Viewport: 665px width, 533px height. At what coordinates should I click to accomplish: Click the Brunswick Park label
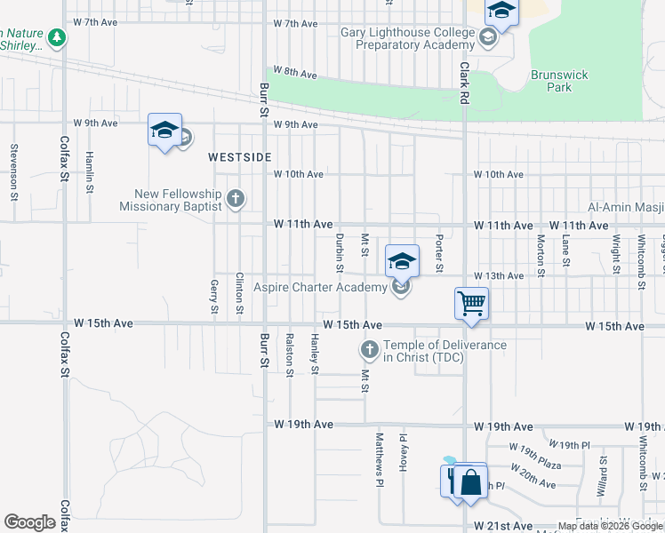click(559, 82)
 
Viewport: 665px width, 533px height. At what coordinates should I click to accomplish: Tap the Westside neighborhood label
click(240, 157)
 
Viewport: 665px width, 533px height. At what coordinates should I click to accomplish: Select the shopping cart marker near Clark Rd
click(471, 303)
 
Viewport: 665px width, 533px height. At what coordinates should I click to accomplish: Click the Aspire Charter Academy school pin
click(402, 261)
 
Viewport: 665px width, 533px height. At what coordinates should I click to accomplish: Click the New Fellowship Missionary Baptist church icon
click(235, 198)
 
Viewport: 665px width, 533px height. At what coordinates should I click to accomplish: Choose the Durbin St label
click(340, 252)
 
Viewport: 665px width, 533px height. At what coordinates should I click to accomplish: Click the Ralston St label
click(290, 355)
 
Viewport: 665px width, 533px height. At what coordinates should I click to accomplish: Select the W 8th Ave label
click(295, 72)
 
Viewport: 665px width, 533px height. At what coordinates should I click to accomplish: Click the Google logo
click(29, 522)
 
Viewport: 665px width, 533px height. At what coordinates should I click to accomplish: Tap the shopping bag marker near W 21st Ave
click(471, 483)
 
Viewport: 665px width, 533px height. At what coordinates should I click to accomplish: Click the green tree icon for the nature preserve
click(58, 37)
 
